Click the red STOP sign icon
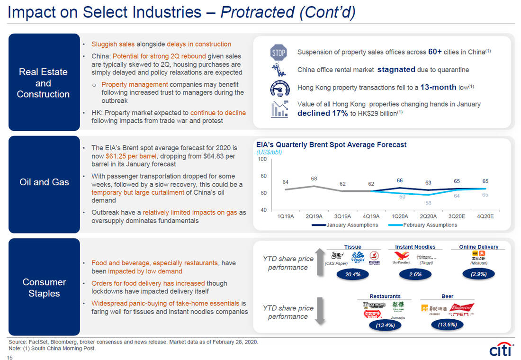278,53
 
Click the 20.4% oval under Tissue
353,274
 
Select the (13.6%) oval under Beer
448,324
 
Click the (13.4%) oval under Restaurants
385,325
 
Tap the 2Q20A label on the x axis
428,216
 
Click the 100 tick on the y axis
262,159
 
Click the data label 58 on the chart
428,202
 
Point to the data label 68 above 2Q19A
314,179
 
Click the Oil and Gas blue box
44,182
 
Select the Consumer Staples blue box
44,288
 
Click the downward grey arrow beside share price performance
320,311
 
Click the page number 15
10,358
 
